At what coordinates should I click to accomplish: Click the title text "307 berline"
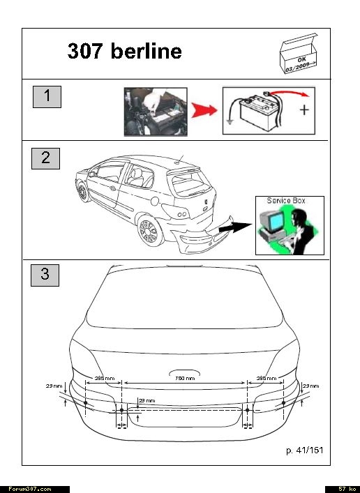tap(125, 51)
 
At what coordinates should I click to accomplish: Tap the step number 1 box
tap(47, 97)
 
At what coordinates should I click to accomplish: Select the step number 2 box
tap(45, 158)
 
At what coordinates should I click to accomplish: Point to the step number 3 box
tap(45, 275)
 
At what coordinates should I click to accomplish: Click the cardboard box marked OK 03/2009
tap(299, 54)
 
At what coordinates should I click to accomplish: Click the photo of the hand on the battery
tap(156, 112)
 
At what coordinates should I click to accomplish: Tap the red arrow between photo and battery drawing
tap(204, 110)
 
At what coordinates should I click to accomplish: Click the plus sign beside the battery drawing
tap(304, 110)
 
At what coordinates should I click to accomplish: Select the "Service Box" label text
tap(286, 201)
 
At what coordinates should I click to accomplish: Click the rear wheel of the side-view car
tap(149, 231)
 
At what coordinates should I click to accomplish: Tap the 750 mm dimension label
tap(185, 378)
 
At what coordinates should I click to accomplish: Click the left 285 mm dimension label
tap(105, 378)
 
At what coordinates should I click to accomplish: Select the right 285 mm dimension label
tap(267, 378)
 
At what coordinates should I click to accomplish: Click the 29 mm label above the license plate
tap(147, 400)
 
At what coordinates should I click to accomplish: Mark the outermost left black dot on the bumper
tap(86, 403)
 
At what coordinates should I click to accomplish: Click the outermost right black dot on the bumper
tap(283, 403)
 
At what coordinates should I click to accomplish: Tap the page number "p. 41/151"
tap(305, 450)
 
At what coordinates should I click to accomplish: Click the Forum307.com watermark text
tap(29, 489)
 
